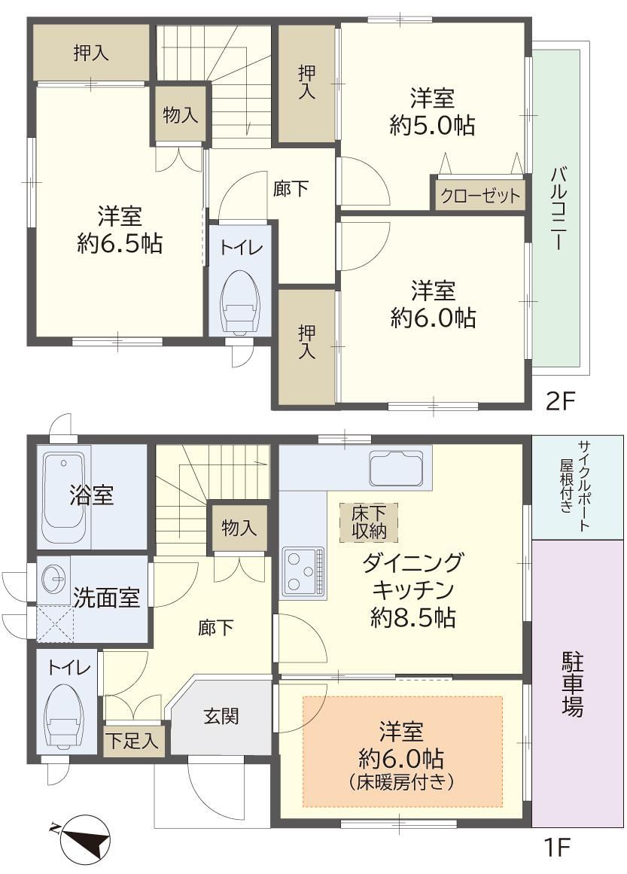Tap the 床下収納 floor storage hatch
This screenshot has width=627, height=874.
click(x=368, y=522)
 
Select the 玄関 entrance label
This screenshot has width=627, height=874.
click(x=221, y=716)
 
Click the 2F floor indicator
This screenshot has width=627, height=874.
click(x=559, y=400)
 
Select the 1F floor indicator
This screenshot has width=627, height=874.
click(x=557, y=848)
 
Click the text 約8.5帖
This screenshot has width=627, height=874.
click(x=413, y=617)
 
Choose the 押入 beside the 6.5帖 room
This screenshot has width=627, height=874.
click(x=91, y=53)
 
